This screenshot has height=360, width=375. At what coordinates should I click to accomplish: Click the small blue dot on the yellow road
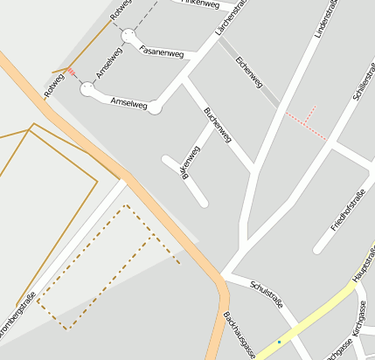279,342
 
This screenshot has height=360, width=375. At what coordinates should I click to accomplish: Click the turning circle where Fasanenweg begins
129,36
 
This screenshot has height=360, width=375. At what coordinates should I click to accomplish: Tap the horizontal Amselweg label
129,102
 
